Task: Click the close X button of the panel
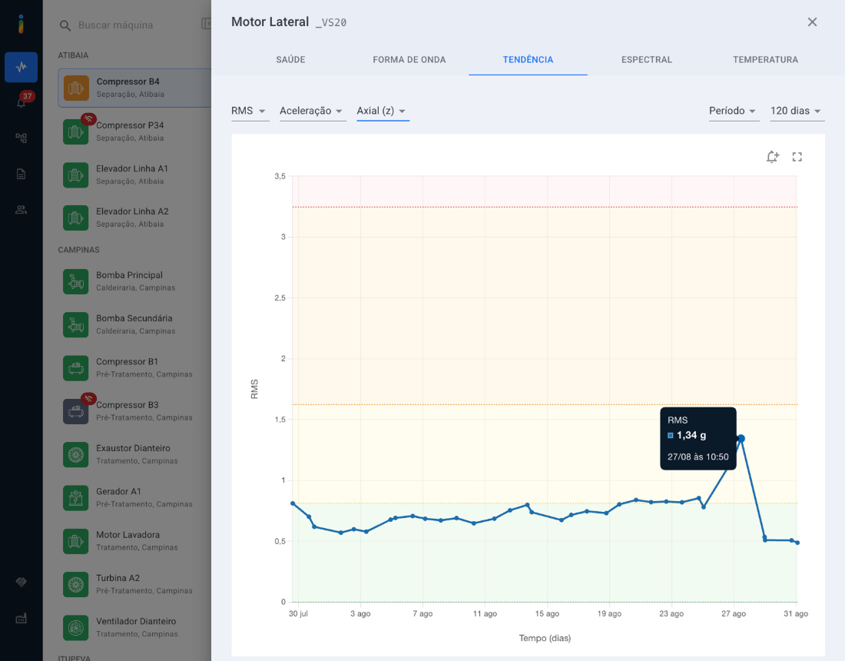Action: coord(812,22)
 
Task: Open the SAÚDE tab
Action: coord(290,60)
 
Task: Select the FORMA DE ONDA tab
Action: coord(409,60)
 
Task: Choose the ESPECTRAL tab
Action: coord(647,60)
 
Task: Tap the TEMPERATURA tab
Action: coord(765,60)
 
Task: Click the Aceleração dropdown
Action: coord(313,111)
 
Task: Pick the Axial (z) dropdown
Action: coord(383,111)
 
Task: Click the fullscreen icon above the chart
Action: coord(797,157)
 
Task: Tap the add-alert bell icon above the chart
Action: coord(773,157)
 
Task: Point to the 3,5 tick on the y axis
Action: coord(280,176)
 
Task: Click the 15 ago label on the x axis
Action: coord(547,613)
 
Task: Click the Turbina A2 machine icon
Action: coord(75,584)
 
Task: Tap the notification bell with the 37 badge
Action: coord(22,101)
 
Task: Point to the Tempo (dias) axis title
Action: coord(545,639)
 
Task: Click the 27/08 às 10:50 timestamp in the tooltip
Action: coord(698,457)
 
